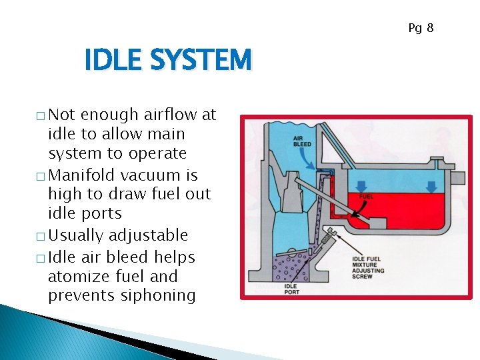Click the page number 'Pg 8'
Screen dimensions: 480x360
421,28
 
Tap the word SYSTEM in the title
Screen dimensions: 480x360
201,61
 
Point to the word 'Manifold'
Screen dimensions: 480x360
79,175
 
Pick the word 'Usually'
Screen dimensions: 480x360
76,235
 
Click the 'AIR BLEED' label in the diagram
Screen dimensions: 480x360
301,141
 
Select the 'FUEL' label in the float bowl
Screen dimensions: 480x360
366,197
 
